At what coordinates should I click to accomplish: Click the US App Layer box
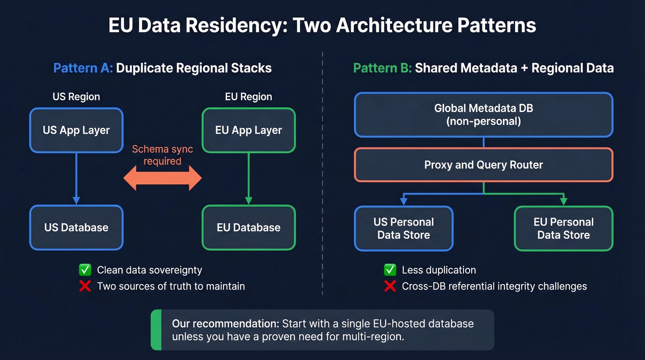76,130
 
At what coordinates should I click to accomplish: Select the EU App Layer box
248,130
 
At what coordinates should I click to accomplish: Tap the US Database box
76,228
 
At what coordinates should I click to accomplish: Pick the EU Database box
248,228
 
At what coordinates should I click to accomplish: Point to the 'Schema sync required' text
162,155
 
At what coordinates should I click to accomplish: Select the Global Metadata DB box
483,115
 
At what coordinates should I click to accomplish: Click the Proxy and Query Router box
483,165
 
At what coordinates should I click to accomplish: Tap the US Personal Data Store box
404,229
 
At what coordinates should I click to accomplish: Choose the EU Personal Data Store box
563,229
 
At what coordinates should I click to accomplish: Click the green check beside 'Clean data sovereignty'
85,270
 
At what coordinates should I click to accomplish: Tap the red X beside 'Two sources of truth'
85,286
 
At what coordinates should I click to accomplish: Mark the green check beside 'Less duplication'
390,270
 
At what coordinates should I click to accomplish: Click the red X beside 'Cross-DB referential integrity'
390,286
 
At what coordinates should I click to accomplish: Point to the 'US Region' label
76,97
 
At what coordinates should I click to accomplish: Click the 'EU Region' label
248,97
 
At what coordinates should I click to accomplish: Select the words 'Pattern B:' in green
382,68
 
